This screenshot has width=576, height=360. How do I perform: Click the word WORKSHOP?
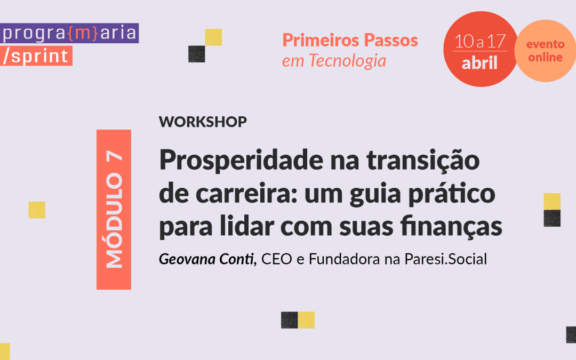203,122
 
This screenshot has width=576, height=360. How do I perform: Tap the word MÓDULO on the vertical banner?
114,220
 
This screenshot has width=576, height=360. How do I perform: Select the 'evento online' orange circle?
545,51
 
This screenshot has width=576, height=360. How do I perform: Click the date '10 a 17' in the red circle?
480,41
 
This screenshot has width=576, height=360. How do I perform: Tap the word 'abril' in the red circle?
479,63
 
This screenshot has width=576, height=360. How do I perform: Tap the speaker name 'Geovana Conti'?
206,259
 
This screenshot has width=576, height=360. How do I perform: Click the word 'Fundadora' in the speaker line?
344,259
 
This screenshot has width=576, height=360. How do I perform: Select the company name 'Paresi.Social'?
445,259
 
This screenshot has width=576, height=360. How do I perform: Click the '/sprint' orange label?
36,56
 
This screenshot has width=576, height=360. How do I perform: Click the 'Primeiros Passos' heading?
350,41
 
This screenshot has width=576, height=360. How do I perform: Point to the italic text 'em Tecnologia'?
334,61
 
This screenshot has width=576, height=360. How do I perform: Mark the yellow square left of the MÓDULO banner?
37,210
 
